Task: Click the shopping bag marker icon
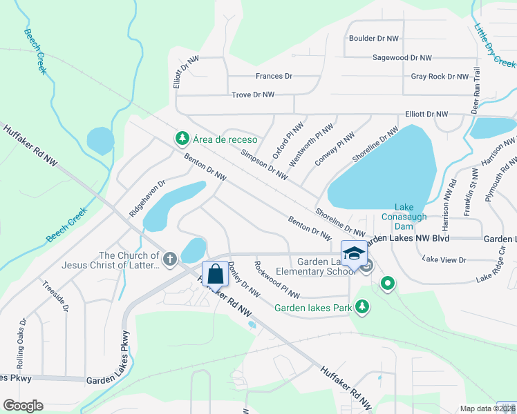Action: tap(216, 273)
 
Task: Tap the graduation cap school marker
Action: tap(354, 253)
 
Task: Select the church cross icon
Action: tap(170, 259)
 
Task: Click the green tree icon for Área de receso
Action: tap(182, 139)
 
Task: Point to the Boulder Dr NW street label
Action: tap(374, 39)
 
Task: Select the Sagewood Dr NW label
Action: tap(402, 59)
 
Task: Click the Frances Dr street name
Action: tap(274, 76)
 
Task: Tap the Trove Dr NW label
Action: tap(253, 95)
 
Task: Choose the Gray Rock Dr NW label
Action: tap(440, 77)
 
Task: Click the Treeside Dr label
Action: tap(55, 296)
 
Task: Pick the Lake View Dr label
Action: tap(444, 260)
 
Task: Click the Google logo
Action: tap(23, 405)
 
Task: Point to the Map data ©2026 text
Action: tap(487, 408)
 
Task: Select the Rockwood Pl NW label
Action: tap(276, 279)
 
